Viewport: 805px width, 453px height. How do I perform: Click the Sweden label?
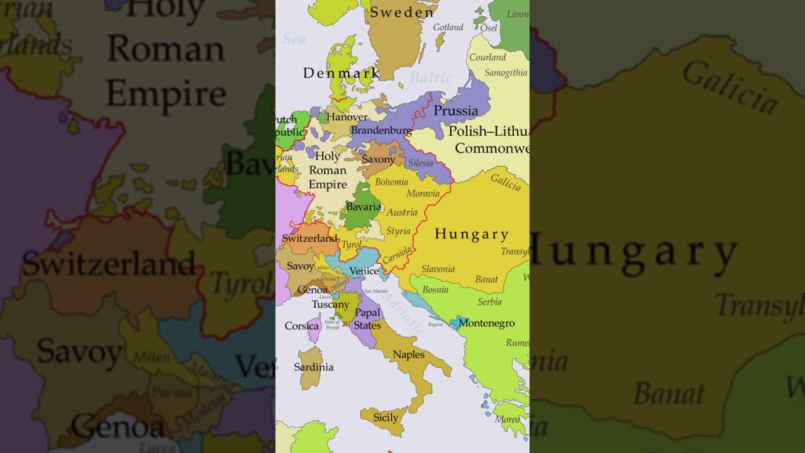(402, 12)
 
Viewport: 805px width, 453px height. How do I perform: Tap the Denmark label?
(341, 73)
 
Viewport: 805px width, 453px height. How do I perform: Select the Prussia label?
(455, 111)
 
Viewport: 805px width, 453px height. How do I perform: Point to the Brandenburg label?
(381, 131)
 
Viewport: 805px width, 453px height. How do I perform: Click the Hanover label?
(347, 117)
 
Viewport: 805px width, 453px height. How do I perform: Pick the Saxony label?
(378, 159)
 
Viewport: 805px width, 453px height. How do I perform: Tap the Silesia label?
(421, 163)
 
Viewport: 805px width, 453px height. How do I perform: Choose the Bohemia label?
(391, 182)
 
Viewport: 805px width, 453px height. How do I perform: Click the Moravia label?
(423, 193)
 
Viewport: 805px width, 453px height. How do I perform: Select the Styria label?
(398, 231)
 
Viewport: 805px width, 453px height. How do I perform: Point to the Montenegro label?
(486, 323)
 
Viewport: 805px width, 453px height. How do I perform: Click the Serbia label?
(489, 301)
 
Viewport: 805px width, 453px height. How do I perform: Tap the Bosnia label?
(435, 289)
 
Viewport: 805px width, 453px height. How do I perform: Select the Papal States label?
(367, 319)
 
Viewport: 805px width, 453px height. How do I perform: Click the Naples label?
(409, 355)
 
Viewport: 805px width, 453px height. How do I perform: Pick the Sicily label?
(386, 418)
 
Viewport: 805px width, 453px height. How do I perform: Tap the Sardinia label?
(314, 367)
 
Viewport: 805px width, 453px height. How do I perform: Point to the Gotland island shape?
(440, 42)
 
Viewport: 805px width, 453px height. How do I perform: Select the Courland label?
(487, 57)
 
